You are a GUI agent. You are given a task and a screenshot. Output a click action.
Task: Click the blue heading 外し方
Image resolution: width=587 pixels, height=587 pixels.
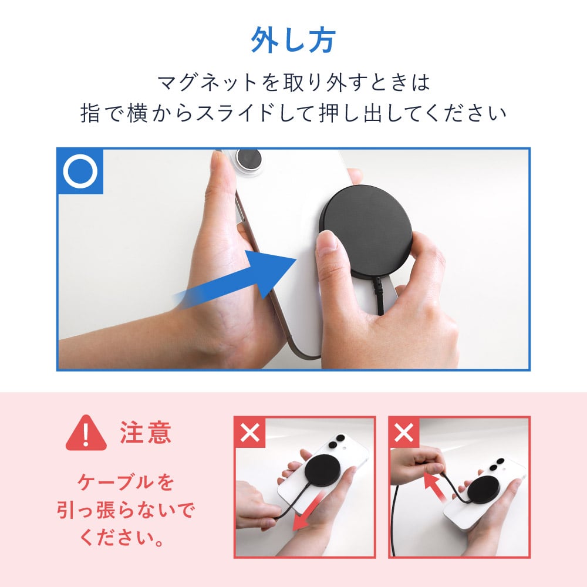[293, 40]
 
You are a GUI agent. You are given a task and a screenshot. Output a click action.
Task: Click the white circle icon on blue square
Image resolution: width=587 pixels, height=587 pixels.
[80, 171]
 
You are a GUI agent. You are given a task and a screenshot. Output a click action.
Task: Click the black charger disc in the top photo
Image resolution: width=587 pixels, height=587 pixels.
[365, 230]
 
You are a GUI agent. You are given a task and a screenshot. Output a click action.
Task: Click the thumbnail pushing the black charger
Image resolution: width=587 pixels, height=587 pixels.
[329, 240]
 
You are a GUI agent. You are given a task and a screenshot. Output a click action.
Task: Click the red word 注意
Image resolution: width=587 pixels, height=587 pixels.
[145, 433]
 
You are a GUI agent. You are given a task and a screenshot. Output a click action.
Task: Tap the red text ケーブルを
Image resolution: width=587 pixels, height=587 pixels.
[126, 482]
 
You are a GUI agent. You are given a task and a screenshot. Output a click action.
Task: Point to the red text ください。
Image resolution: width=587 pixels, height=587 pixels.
[122, 538]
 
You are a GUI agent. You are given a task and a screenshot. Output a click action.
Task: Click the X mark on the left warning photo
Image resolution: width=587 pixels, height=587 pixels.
[250, 433]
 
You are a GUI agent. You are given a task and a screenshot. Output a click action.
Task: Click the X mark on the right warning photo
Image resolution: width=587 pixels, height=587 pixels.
[404, 433]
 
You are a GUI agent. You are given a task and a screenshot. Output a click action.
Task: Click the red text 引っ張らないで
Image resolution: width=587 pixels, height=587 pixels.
[126, 510]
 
